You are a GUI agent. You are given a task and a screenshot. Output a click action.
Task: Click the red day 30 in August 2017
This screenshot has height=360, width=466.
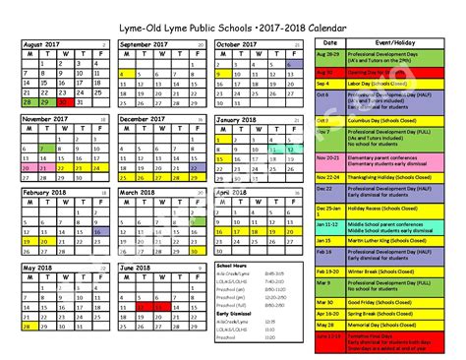[x=64, y=100]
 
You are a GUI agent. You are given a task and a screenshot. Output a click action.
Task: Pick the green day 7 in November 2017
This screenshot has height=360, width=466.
[x=45, y=149]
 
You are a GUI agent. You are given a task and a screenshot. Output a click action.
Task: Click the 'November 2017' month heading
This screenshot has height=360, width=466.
[x=44, y=118]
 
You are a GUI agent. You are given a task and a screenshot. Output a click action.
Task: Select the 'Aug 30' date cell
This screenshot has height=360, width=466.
[x=329, y=72]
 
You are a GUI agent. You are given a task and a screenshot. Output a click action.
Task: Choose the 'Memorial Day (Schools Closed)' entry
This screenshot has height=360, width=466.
[x=394, y=323]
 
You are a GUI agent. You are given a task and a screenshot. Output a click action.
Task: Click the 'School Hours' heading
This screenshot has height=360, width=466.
[x=232, y=266]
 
